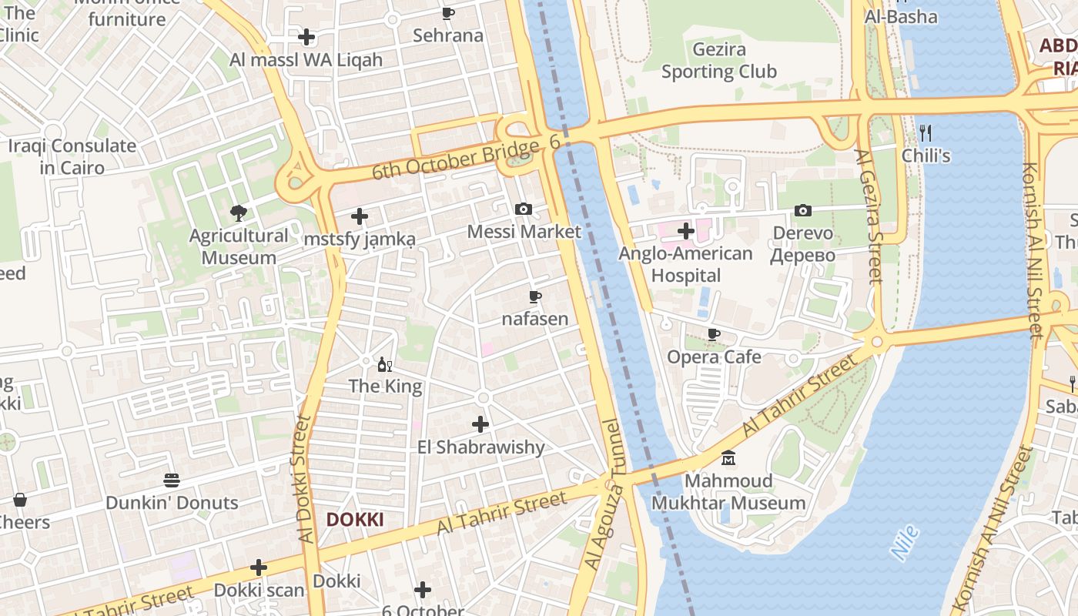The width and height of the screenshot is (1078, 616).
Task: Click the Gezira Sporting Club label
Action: click(x=718, y=61)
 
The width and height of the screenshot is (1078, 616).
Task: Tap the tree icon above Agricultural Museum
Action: click(x=239, y=213)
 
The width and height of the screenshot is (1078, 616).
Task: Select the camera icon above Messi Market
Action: click(x=524, y=209)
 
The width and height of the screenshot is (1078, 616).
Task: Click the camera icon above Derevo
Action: click(x=803, y=210)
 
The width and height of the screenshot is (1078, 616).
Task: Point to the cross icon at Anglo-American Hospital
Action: click(x=686, y=230)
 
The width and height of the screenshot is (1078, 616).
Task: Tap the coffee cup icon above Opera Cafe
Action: click(x=714, y=334)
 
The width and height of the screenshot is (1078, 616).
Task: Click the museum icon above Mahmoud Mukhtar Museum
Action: click(x=728, y=459)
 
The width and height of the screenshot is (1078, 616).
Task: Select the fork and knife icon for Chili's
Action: click(x=926, y=132)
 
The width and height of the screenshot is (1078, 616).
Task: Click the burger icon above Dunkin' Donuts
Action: click(x=172, y=480)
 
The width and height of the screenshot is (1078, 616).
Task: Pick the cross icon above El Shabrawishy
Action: click(x=480, y=424)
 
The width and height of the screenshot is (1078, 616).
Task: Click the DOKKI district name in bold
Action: click(x=354, y=520)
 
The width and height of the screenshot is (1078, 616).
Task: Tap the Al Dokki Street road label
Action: click(x=304, y=479)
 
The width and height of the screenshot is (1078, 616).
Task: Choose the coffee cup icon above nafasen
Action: click(x=535, y=296)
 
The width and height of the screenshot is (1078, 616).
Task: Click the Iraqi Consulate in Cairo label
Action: click(x=72, y=156)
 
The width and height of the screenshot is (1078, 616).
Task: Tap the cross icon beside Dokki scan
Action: click(x=259, y=568)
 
